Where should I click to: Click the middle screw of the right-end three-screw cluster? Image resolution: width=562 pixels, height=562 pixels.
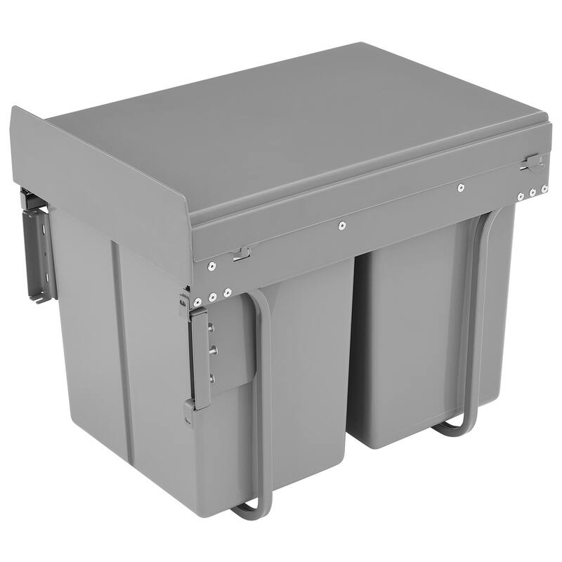pyautogui.click(x=533, y=191)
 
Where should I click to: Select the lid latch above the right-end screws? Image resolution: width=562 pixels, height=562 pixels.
pyautogui.click(x=532, y=162)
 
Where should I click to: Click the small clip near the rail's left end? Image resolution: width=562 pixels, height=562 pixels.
pyautogui.click(x=241, y=253)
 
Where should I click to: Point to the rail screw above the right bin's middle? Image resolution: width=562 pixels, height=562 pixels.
pyautogui.click(x=460, y=188)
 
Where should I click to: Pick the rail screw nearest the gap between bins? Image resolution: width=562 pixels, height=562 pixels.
pyautogui.click(x=341, y=226)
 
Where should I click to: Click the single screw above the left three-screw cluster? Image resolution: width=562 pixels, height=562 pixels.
pyautogui.click(x=210, y=266)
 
